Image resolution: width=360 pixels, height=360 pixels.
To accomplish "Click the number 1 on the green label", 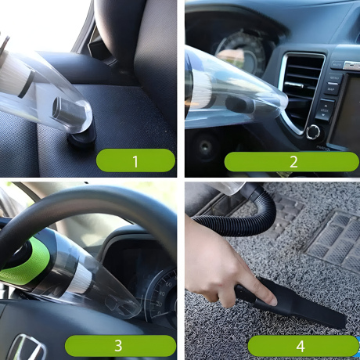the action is pyautogui.click(x=135, y=161).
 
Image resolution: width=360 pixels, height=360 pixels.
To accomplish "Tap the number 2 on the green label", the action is pyautogui.click(x=293, y=162).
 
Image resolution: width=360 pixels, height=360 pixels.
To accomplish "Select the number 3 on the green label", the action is pyautogui.click(x=118, y=346).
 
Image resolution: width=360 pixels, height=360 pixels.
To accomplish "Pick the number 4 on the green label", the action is pyautogui.click(x=301, y=347).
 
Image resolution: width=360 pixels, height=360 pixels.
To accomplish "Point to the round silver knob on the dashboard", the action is pyautogui.click(x=313, y=132).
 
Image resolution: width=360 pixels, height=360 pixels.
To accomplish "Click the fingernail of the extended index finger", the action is pyautogui.click(x=272, y=301).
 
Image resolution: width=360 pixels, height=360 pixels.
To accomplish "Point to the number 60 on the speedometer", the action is pyautogui.click(x=169, y=284).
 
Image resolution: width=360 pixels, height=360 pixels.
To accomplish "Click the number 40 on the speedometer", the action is pyautogui.click(x=162, y=293).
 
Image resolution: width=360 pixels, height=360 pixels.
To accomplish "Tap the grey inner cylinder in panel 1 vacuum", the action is pyautogui.click(x=68, y=111).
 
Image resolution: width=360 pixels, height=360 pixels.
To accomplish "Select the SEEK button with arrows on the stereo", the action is pyautogui.click(x=324, y=110).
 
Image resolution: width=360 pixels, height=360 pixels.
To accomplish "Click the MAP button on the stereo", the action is pyautogui.click(x=331, y=88).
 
